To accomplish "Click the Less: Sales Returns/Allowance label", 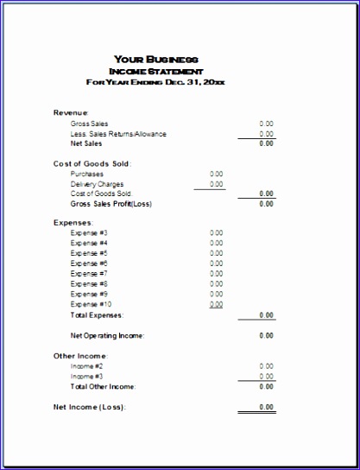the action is pos(118,134).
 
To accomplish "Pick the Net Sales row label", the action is pos(86,143).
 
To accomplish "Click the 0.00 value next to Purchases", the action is pos(216,174).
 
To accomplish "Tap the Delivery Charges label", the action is pos(97,184).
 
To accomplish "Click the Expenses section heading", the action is pos(73,223).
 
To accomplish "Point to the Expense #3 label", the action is pos(89,232).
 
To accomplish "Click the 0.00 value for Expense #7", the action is pos(216,274).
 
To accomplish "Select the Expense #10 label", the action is pos(91,304).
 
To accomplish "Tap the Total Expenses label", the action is pos(97,315).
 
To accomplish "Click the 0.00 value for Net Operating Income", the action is pos(266,335).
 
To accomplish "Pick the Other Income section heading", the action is pos(80,356).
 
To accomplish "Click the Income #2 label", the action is pos(86,365).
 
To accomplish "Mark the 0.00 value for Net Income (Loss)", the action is pos(266,406).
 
